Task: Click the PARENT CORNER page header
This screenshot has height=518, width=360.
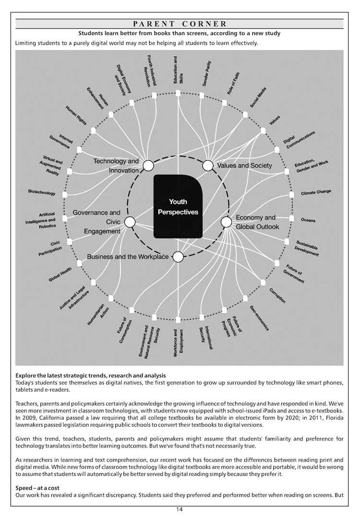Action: point(180,24)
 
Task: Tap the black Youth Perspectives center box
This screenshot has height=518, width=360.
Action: point(178,206)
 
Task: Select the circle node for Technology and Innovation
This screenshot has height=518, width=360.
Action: point(148,166)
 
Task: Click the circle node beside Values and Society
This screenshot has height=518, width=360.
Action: point(208,166)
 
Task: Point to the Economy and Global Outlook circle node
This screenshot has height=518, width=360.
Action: point(226,222)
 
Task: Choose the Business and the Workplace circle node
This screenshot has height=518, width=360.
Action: point(178,257)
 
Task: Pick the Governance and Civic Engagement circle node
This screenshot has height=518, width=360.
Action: point(130,222)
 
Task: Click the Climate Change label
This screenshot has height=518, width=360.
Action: point(316,193)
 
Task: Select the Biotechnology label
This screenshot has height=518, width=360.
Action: point(42,193)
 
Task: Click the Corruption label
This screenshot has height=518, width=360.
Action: point(277,295)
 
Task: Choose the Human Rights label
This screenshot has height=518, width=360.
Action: point(76,116)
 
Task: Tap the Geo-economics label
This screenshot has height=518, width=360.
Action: point(259,318)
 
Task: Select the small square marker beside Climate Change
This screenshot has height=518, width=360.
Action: point(292,194)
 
